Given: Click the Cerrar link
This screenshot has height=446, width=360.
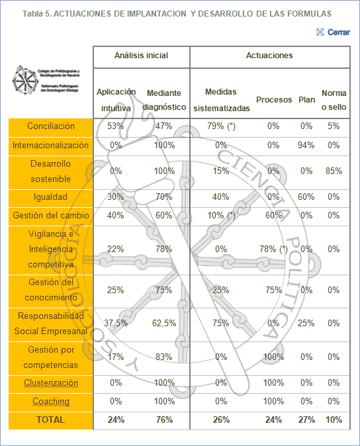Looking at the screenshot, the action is click(x=339, y=32).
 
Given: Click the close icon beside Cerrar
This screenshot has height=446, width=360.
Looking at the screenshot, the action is click(x=320, y=32).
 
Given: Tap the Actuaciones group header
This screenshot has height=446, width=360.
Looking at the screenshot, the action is click(x=269, y=56).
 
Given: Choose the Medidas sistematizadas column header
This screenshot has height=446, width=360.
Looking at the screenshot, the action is click(x=221, y=100).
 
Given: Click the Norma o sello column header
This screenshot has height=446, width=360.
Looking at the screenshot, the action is click(x=334, y=100).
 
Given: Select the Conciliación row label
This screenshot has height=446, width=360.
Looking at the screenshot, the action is click(x=51, y=126).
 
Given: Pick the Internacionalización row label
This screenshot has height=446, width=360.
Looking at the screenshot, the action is click(x=50, y=145).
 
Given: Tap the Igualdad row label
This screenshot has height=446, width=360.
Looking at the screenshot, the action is click(x=51, y=197).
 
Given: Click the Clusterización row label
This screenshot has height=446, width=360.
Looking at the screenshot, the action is click(x=51, y=383).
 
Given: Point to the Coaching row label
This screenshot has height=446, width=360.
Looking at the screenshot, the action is click(x=51, y=402).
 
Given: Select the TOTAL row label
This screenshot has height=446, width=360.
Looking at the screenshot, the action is click(x=51, y=420).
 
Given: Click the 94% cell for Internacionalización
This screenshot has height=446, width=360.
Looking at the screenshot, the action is click(x=306, y=145).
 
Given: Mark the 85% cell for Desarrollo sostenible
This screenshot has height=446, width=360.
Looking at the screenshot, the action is click(x=334, y=171).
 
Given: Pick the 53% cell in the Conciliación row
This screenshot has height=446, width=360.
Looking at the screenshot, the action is click(x=115, y=126).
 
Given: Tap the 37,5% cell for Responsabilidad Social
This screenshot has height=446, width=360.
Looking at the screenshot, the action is click(x=115, y=324).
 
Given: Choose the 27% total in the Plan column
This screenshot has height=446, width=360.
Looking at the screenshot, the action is click(x=306, y=420).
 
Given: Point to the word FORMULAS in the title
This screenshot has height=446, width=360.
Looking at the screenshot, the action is click(x=304, y=13).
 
